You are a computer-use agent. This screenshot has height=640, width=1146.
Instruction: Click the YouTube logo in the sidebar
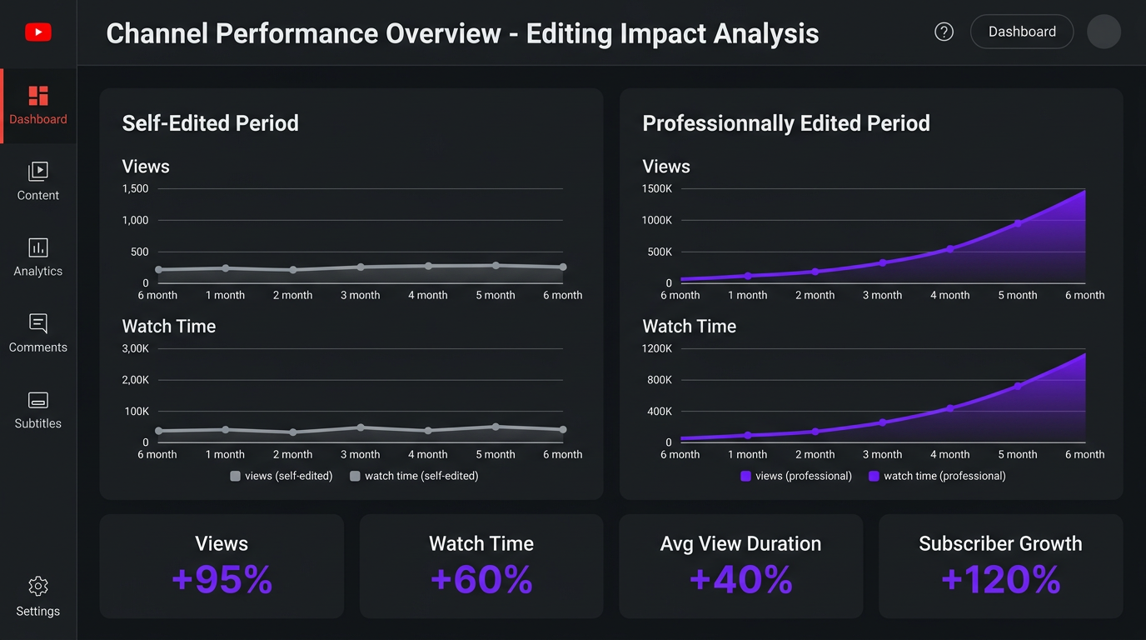pos(38,32)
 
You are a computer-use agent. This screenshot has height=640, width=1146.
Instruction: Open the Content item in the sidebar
pos(38,182)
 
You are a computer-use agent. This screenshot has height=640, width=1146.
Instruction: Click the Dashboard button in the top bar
pos(1022,32)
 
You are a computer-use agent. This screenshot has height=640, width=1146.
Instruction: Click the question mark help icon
pos(944,32)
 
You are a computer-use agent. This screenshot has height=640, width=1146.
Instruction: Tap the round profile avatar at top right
pos(1104,32)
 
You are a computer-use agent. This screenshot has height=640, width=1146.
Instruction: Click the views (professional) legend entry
pos(796,476)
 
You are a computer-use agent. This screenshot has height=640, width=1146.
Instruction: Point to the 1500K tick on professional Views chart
pos(656,189)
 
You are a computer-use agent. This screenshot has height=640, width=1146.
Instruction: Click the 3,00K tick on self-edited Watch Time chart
pos(135,348)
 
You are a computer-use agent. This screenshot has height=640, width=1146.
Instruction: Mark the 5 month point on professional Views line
pos(1018,223)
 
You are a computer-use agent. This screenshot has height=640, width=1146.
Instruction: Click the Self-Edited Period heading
pos(210,123)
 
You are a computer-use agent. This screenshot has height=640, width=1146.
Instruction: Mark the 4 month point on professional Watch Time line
pos(949,408)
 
